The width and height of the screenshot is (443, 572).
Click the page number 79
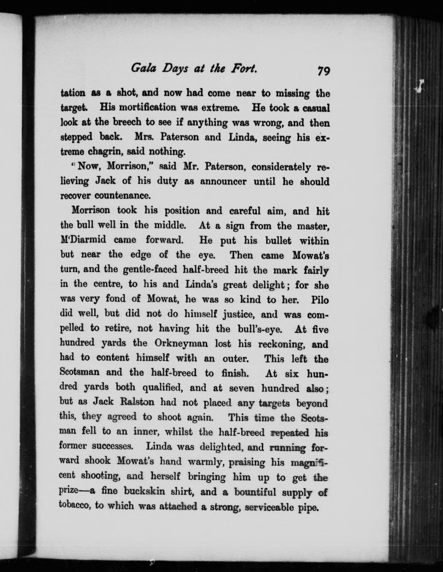tap(324, 71)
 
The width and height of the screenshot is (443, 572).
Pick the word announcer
tap(223, 181)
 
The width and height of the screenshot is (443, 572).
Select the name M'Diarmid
tap(83, 240)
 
